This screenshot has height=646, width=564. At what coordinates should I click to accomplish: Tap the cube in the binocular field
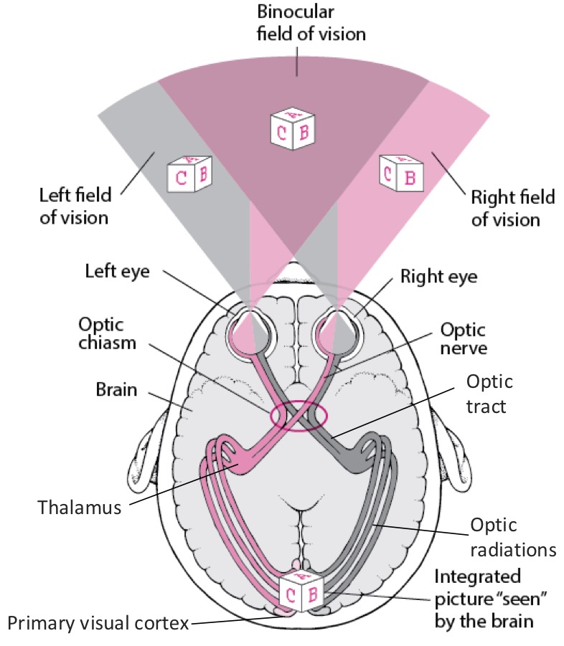tap(294, 128)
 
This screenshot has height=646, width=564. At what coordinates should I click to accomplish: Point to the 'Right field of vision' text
tap(505, 207)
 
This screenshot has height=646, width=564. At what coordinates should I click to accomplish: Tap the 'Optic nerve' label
tap(462, 341)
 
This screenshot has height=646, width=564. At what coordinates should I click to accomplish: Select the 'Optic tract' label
tap(489, 395)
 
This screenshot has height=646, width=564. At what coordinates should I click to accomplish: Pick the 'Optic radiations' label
tap(513, 537)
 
